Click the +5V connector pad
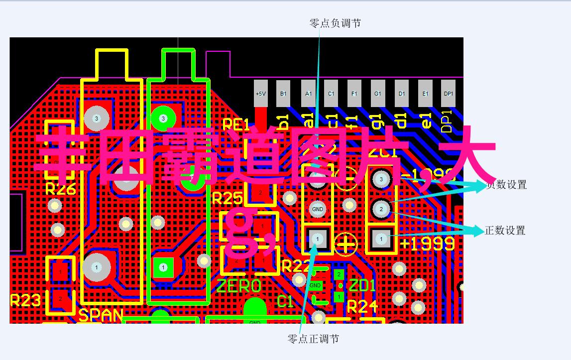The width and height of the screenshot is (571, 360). [x=260, y=94]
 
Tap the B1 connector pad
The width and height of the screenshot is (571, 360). [x=283, y=94]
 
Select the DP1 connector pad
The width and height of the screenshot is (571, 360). [x=449, y=94]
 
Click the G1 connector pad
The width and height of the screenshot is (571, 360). [x=378, y=94]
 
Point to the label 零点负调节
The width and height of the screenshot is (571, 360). [x=335, y=23]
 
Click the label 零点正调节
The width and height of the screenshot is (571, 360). [x=313, y=339]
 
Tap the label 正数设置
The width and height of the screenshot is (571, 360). [x=505, y=231]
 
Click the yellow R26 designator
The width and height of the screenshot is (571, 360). [x=60, y=189]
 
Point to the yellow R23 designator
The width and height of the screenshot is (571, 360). [x=25, y=300]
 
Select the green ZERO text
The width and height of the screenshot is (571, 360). [x=239, y=286]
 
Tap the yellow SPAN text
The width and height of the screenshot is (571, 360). [x=101, y=315]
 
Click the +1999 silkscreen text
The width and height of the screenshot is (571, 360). [x=427, y=243]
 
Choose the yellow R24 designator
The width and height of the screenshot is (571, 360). [x=363, y=307]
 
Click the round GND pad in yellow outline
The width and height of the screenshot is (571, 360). [x=317, y=209]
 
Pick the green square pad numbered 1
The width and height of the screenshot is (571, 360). [x=163, y=267]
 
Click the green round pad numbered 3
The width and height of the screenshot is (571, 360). [x=163, y=119]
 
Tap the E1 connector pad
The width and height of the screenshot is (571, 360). [x=425, y=94]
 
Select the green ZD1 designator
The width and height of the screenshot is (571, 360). [x=362, y=286]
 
